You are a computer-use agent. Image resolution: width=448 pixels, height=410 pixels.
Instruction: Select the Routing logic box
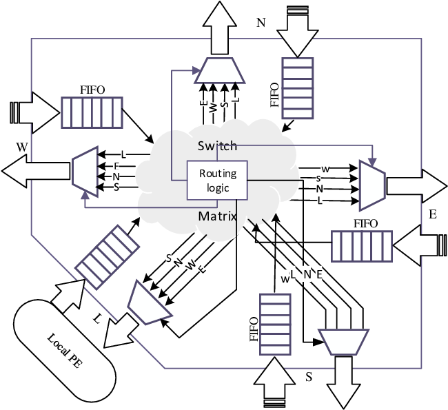coord(217,181)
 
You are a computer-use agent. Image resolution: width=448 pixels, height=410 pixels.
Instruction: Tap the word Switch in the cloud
coord(216,145)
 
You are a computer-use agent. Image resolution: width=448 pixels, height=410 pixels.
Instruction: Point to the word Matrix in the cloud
coord(217,216)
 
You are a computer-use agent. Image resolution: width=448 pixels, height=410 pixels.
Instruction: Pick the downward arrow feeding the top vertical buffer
coord(298,31)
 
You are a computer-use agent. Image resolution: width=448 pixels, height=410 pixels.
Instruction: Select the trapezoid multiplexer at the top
coord(222,69)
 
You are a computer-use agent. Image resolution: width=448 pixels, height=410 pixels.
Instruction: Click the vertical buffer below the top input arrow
coord(298,88)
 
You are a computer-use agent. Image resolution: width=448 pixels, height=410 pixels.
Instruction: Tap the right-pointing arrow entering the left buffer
coord(34,111)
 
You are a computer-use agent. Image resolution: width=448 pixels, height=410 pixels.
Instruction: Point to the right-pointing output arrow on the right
coord(416,185)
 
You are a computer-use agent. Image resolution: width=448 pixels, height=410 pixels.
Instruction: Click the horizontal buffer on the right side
coord(362,246)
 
